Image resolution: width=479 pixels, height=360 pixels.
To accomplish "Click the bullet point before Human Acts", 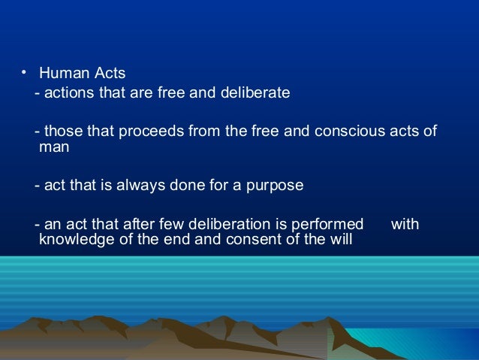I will click(x=23, y=72).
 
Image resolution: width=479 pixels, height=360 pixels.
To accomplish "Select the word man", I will click(x=54, y=148).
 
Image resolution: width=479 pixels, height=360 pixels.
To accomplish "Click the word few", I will click(x=167, y=225).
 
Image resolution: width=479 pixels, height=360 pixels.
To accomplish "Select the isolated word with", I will click(x=405, y=225).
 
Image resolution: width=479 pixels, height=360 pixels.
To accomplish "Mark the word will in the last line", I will click(x=339, y=241).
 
